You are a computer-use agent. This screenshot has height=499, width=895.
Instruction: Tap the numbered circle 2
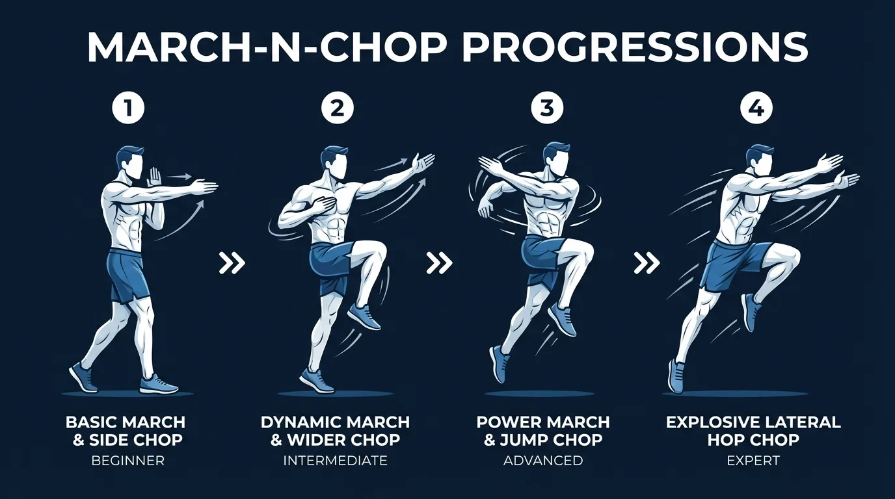pyautogui.click(x=337, y=109)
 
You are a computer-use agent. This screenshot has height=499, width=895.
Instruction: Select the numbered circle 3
pyautogui.click(x=546, y=109)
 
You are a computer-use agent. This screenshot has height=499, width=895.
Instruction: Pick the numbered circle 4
pyautogui.click(x=756, y=109)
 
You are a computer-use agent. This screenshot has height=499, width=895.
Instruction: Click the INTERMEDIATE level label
pyautogui.click(x=335, y=461)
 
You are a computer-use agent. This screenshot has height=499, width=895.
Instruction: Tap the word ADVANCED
pyautogui.click(x=543, y=461)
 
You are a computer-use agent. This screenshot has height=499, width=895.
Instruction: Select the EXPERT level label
pyautogui.click(x=753, y=461)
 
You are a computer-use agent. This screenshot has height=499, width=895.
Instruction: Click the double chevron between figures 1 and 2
pyautogui.click(x=232, y=263)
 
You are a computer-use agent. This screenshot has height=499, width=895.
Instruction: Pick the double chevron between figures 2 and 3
pyautogui.click(x=440, y=263)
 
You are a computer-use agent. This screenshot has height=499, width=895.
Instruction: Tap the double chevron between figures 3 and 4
pyautogui.click(x=647, y=263)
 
